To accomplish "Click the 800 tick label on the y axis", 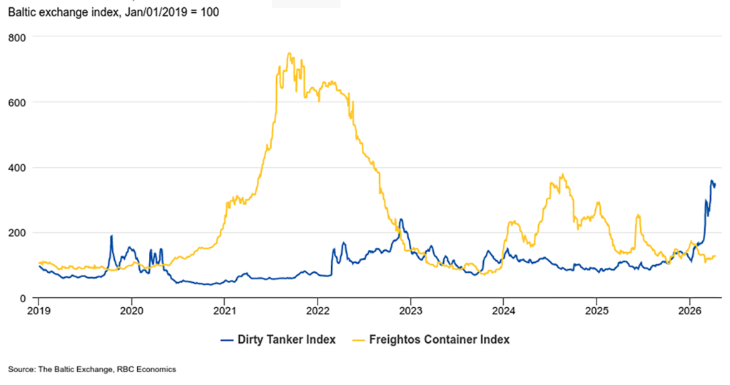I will click(17, 37).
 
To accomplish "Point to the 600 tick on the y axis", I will click(17, 102).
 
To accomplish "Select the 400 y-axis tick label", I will click(17, 168).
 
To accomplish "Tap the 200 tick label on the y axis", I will click(17, 233).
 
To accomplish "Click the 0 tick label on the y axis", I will click(23, 298).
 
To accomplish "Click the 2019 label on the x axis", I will click(39, 311).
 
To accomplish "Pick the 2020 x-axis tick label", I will click(131, 311).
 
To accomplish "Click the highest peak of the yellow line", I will click(288, 53).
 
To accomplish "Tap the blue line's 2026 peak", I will click(711, 181).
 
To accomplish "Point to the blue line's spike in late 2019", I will click(111, 236).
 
